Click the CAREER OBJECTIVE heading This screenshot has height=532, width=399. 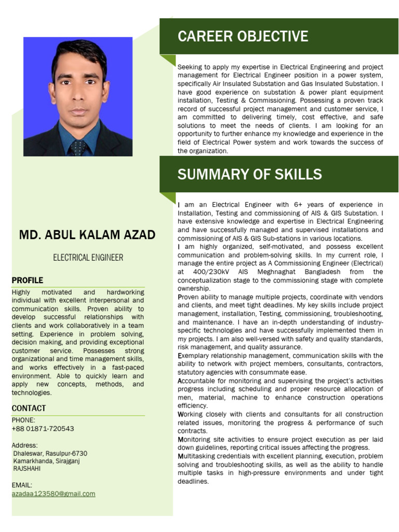(x=243, y=36)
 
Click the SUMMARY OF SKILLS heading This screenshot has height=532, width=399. (x=249, y=174)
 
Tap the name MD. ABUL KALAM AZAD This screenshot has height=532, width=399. (x=87, y=235)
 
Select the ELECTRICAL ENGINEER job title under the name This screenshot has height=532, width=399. (x=88, y=257)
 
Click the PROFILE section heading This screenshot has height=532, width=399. (x=27, y=281)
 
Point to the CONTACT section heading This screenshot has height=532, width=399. (x=29, y=408)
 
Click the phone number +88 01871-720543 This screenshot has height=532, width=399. (x=43, y=429)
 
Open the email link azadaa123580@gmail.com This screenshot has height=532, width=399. (x=54, y=494)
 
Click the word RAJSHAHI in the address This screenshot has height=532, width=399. (x=27, y=469)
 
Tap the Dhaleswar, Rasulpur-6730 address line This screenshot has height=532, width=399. (x=50, y=453)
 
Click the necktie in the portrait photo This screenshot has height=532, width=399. (x=78, y=147)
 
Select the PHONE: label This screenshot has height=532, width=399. (x=23, y=420)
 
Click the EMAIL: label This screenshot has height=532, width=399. (x=22, y=485)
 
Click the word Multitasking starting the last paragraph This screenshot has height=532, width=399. (x=196, y=456)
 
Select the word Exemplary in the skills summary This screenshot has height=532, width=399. (x=193, y=355)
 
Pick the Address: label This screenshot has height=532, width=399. (x=24, y=445)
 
